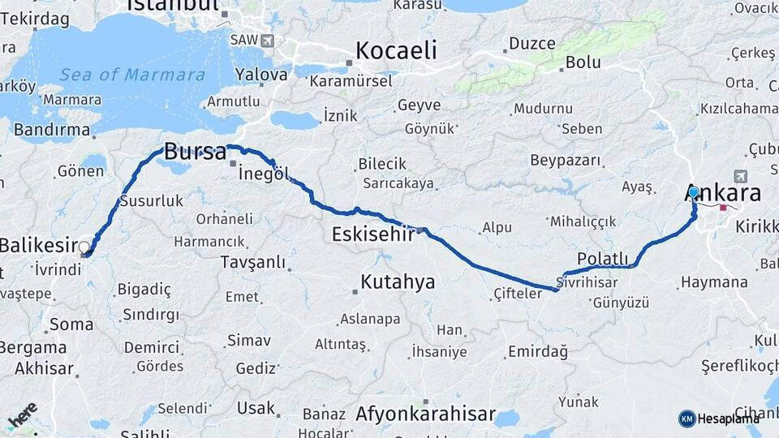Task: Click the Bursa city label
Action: (194, 152)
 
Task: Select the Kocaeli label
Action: (396, 50)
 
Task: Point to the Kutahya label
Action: (398, 282)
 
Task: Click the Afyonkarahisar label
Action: (425, 414)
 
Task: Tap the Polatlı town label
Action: (603, 258)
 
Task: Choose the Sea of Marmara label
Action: (131, 75)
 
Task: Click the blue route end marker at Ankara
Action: (694, 192)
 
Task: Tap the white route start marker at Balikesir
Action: (84, 246)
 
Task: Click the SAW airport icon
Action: (268, 40)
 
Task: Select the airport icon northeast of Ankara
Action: (739, 176)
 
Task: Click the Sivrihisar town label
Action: (592, 281)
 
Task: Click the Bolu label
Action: (583, 62)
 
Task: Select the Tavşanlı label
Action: (253, 262)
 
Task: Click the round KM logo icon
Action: (687, 419)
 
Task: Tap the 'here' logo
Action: (23, 415)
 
